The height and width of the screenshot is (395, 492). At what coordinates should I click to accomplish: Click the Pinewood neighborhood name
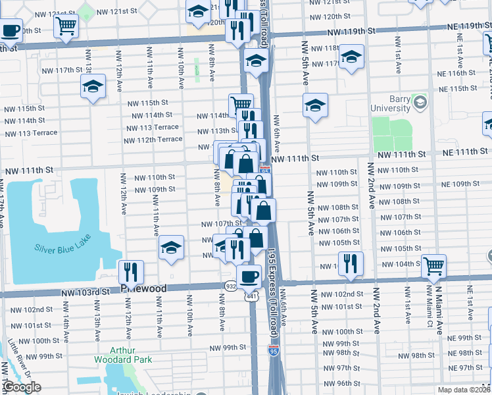pos(144,289)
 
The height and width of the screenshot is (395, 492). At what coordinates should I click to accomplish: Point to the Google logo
pos(22,388)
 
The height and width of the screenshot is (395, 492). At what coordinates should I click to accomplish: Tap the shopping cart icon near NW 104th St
pos(434,265)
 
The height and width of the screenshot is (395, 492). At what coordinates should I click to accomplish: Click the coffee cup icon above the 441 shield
pos(249,276)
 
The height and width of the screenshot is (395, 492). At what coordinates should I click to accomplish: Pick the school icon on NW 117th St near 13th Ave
pos(93,86)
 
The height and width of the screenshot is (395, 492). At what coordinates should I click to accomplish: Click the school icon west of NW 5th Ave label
pos(315,105)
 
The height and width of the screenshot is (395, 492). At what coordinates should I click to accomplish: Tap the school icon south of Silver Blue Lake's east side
pos(171,248)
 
